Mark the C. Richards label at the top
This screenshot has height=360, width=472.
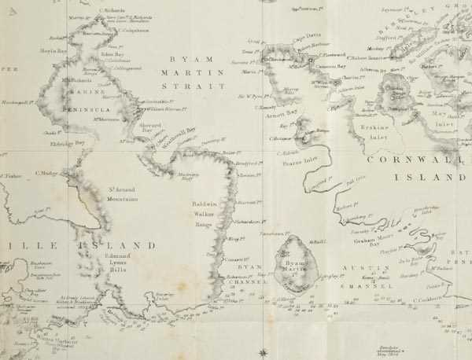coord(113,10)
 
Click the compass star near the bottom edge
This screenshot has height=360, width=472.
coord(263,351)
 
